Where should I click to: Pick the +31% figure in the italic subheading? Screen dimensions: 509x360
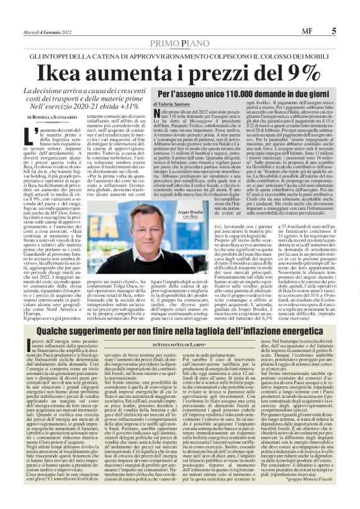131,107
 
